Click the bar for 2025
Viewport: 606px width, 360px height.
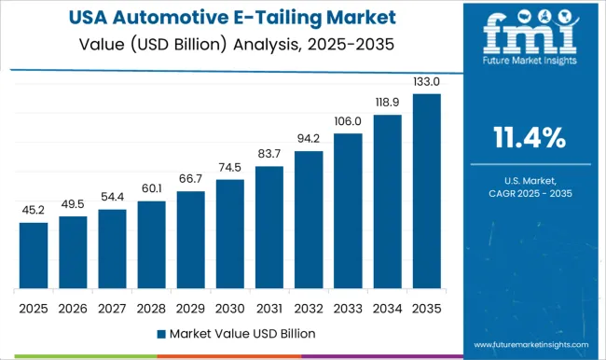(34, 256)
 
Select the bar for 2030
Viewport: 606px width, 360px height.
(230, 234)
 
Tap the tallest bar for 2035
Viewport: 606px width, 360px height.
(427, 191)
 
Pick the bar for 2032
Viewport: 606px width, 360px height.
(309, 220)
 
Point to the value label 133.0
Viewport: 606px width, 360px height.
(427, 82)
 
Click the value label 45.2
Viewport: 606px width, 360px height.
(34, 211)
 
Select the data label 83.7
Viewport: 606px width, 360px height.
(269, 154)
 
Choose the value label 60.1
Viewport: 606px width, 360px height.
(151, 189)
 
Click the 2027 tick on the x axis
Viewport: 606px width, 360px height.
(112, 306)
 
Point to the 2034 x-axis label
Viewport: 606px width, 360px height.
(388, 306)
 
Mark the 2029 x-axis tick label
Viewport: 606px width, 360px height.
(191, 306)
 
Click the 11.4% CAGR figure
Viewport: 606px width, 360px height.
(530, 139)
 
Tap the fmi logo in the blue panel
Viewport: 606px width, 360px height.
(530, 41)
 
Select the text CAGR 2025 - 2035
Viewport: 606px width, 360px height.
(530, 192)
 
